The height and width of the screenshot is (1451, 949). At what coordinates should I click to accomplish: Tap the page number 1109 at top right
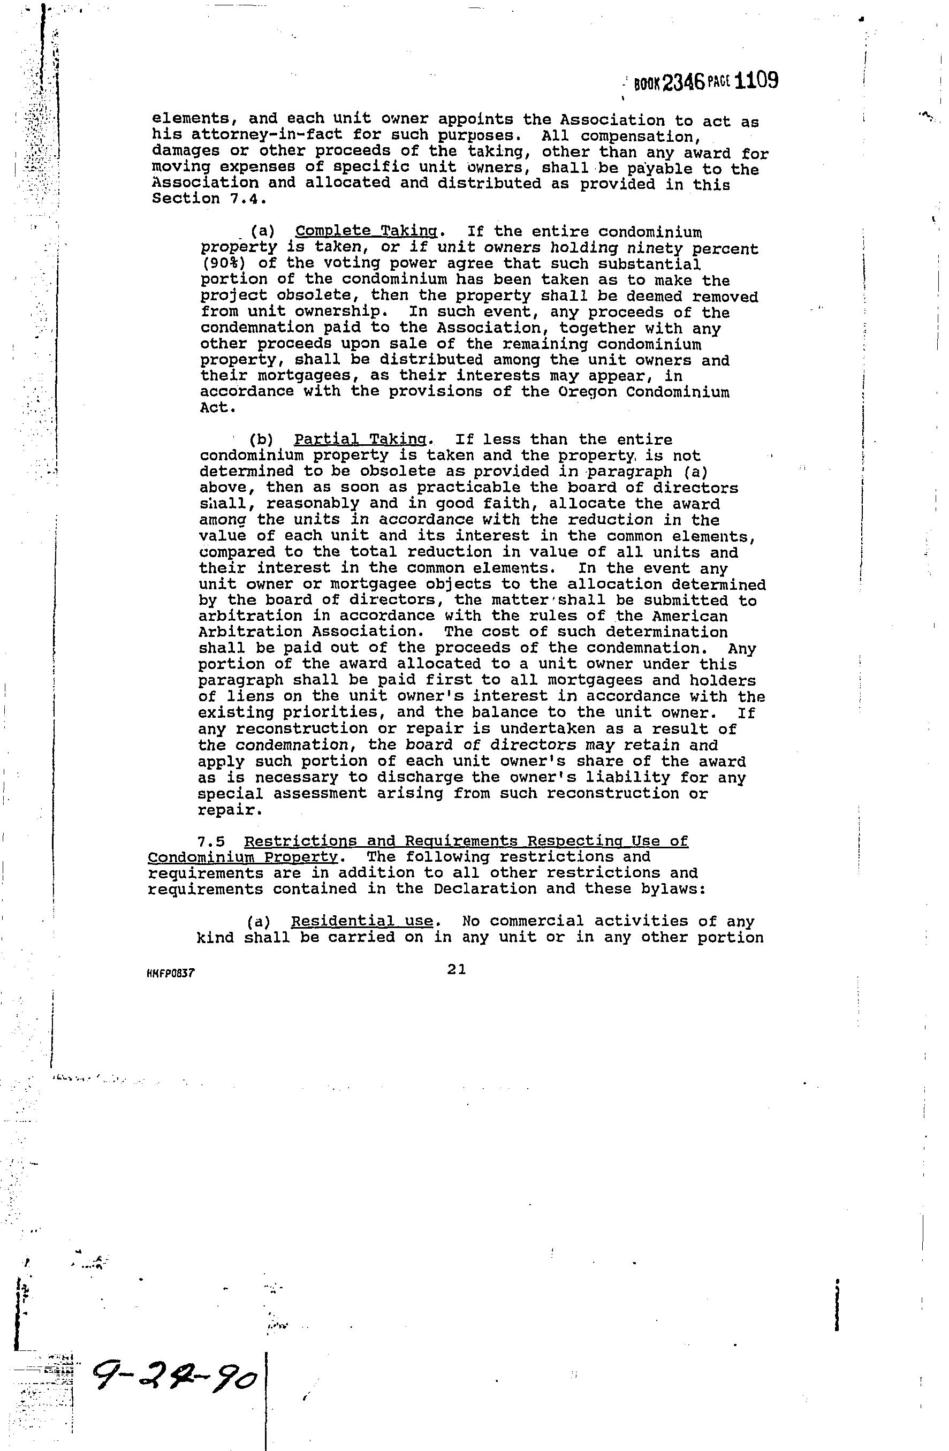tap(757, 80)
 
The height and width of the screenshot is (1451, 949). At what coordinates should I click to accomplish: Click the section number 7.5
tap(216, 842)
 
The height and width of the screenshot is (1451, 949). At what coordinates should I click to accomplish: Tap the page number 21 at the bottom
tap(457, 969)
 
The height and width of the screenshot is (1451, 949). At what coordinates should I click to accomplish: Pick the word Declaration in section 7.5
tap(485, 889)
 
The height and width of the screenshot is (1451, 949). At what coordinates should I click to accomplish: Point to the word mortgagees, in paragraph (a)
tap(313, 376)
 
